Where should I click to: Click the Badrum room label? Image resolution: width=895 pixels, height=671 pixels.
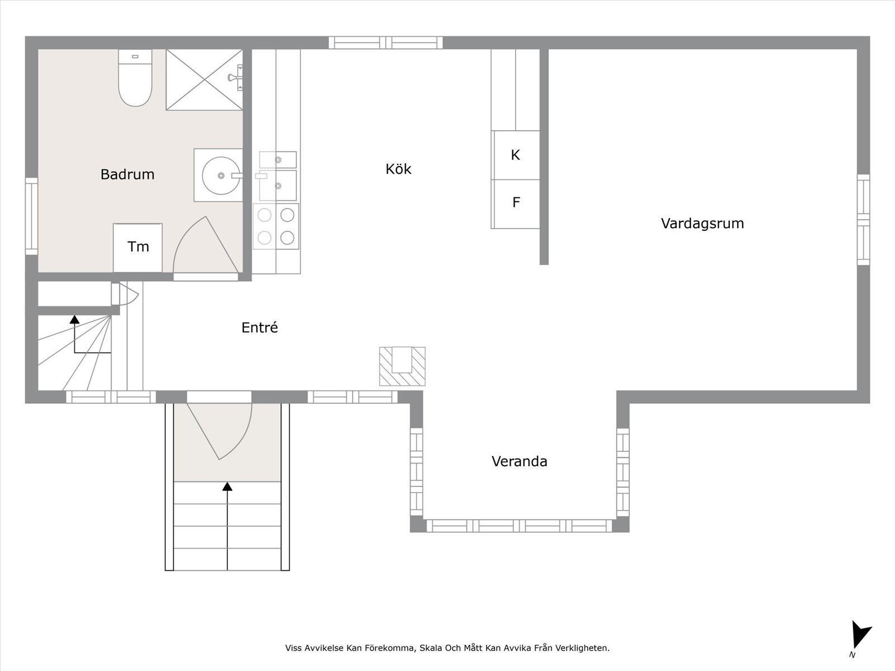click(127, 174)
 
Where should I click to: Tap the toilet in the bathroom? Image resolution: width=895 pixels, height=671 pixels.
click(135, 78)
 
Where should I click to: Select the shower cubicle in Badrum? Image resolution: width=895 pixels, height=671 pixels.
click(204, 79)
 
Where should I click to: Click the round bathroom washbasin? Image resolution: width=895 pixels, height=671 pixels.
click(221, 176)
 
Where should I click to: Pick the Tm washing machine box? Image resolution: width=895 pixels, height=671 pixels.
click(138, 247)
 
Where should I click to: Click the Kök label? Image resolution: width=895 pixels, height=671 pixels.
click(398, 169)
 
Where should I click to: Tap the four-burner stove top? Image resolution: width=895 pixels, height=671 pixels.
click(276, 226)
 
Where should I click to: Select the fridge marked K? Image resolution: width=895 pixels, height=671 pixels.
click(515, 155)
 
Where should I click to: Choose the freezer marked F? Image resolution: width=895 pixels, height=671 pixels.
click(515, 204)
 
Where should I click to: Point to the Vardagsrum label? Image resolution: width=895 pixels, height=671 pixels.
click(703, 223)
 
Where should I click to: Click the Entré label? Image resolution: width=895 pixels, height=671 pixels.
click(260, 328)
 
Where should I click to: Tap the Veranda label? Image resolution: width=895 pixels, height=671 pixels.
click(520, 461)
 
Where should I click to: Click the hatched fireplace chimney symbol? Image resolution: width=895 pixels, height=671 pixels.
click(402, 366)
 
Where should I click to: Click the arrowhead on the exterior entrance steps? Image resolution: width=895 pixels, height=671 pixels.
click(227, 486)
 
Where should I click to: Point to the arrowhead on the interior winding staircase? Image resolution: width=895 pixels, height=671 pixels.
click(74, 319)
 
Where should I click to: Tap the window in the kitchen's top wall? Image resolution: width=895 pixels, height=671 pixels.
click(386, 43)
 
